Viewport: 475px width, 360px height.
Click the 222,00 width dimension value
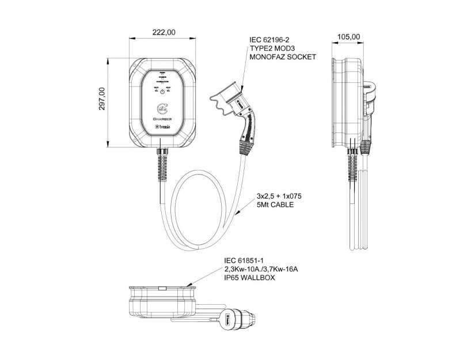point(164,32)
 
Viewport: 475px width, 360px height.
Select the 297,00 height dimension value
point(102,99)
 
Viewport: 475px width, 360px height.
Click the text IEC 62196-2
point(268,40)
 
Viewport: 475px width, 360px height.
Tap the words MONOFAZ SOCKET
point(283,58)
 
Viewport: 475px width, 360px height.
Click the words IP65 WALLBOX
point(250,278)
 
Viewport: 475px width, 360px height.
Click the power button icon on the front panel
point(163,92)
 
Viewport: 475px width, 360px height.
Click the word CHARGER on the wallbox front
point(163,120)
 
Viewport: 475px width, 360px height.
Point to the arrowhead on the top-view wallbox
point(190,284)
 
